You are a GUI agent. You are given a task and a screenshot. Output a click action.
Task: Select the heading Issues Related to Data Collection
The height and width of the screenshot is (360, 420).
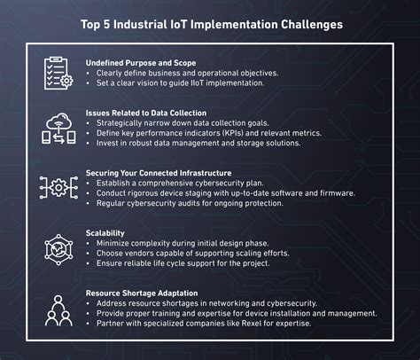coord(146,113)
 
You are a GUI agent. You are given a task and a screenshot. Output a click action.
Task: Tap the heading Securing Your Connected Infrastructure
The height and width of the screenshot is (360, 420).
coord(159,173)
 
